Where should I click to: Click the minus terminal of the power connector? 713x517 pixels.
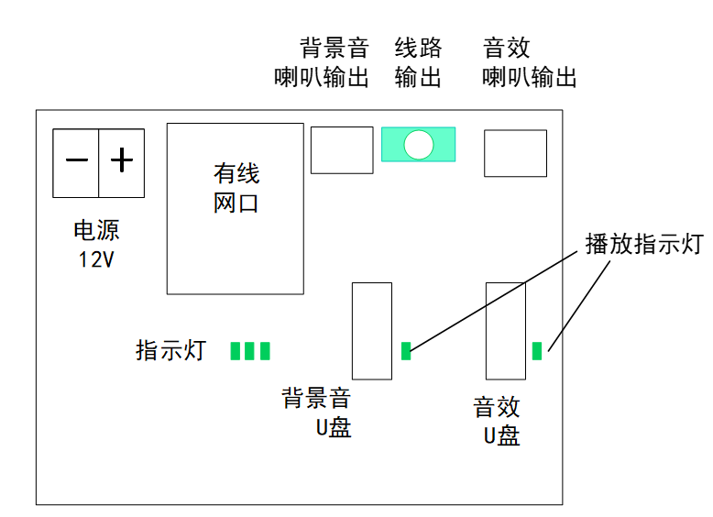point(76,162)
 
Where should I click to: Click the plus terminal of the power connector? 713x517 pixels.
point(122,162)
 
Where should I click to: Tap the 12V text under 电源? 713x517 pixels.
point(96,259)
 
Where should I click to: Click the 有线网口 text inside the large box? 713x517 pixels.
point(236,188)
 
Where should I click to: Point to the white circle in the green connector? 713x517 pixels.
point(419,144)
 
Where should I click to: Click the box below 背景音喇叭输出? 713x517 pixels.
point(342,149)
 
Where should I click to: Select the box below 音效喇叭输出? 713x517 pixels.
point(515,153)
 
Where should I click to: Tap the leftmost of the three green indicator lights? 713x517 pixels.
point(236,350)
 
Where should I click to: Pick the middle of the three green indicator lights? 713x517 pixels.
point(250,350)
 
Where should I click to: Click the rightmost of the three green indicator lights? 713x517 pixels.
point(265,350)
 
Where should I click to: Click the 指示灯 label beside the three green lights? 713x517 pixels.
point(171,350)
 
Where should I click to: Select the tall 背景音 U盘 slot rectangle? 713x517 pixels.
point(372,331)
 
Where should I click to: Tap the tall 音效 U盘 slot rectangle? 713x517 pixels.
point(506,331)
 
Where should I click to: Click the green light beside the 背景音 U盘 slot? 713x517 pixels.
point(407,349)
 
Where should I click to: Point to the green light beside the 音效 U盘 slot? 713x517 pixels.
point(538,349)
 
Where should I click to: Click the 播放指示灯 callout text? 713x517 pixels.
point(643,244)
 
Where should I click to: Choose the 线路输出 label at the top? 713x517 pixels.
point(418,62)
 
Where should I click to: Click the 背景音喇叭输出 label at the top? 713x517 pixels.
point(323,62)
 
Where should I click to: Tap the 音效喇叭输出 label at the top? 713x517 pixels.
point(530,62)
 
